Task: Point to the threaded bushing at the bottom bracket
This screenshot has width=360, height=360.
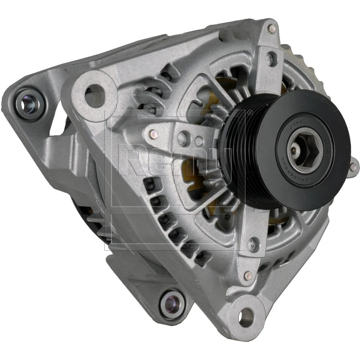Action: pos(171,302)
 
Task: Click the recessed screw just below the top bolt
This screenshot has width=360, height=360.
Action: pos(271,58)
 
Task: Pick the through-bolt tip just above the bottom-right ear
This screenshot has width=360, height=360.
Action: pos(247,276)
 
